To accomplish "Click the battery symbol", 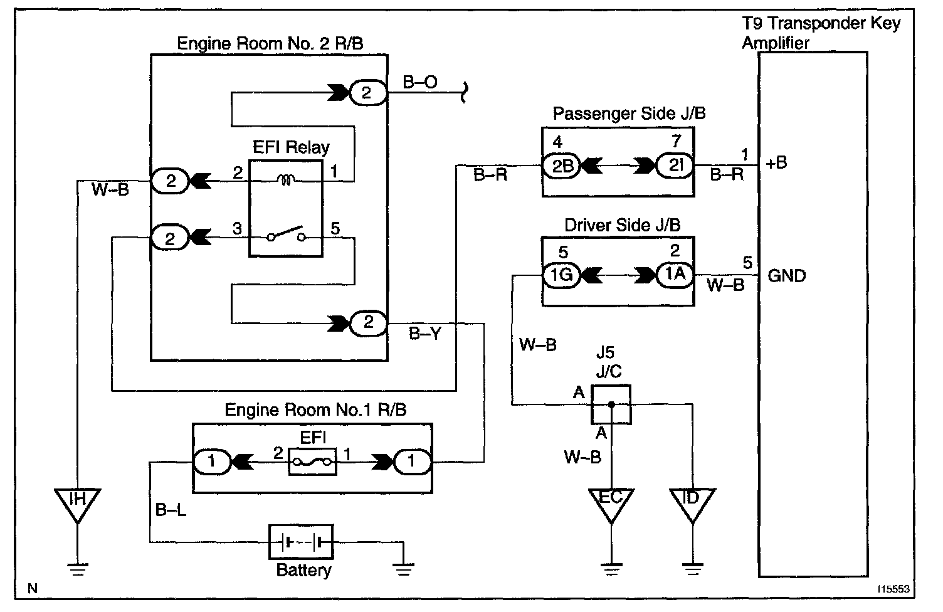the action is (301, 542).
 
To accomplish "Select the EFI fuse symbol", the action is (312, 462).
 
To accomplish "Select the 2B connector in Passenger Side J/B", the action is (561, 166).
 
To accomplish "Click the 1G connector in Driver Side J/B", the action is (561, 275).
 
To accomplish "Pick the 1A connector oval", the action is (675, 275).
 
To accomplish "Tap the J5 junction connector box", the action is (611, 404).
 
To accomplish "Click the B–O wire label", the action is (419, 82).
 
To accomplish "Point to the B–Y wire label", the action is (424, 334).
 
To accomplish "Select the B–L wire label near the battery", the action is (171, 510).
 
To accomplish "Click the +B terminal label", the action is (776, 163).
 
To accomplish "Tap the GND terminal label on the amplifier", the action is (786, 276).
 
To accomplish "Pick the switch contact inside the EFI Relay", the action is (287, 234).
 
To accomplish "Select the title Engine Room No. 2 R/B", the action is (270, 43).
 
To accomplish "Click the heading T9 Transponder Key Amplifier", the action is (821, 33).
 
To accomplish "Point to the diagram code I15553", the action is (893, 589).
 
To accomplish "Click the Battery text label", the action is (303, 571).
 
